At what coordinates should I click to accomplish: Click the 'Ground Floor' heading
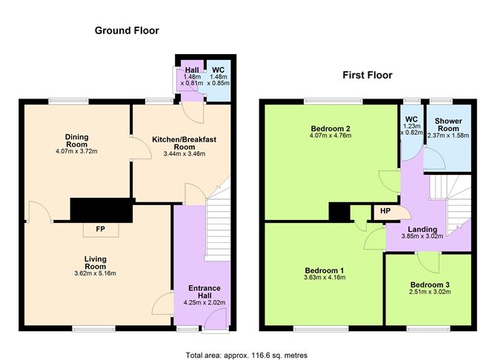coord(127,30)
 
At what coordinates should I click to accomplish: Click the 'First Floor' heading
coord(367,75)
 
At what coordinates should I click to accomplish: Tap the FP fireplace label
coord(99,229)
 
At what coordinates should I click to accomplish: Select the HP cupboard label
coord(385,211)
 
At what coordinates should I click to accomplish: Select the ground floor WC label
coord(219,70)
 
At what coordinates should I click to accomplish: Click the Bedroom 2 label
coord(330,128)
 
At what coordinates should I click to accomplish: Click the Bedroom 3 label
coord(431,284)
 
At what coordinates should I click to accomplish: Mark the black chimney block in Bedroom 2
coord(340,212)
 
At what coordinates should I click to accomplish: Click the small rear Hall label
coord(191,70)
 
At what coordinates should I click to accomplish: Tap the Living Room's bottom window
coord(93,327)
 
